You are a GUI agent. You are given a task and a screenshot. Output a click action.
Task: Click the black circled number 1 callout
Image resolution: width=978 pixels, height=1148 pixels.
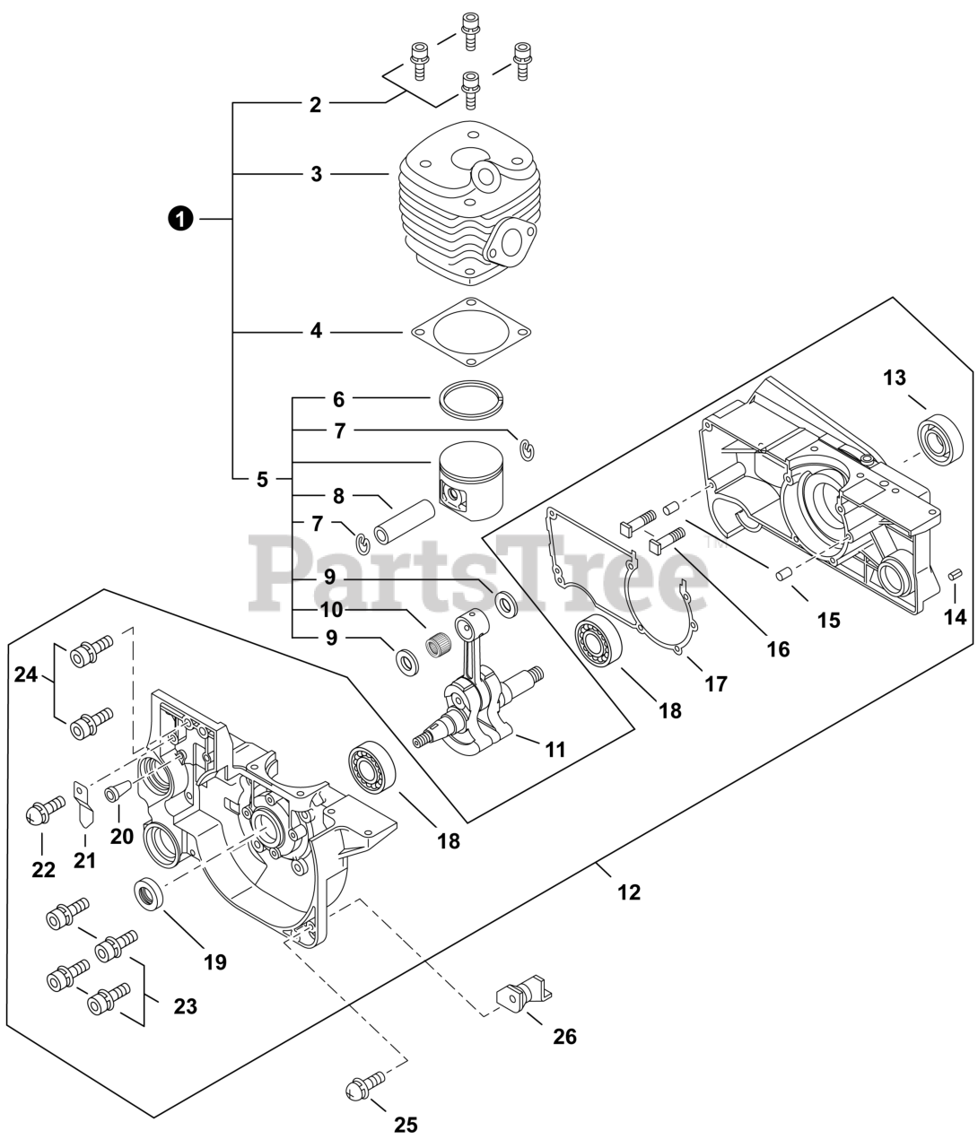click(182, 218)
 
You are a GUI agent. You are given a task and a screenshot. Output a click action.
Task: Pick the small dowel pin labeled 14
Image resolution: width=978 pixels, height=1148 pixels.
click(955, 573)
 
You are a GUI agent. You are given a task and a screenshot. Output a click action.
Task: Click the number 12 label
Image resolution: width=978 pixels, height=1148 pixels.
click(629, 891)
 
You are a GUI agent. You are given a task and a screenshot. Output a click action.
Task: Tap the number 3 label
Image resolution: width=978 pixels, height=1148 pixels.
click(316, 174)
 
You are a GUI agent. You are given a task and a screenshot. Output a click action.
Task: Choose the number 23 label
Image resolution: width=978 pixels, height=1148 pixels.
click(185, 1006)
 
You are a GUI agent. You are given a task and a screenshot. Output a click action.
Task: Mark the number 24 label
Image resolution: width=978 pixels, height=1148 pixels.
click(25, 674)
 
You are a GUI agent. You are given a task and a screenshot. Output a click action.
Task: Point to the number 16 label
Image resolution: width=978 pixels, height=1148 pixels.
click(778, 648)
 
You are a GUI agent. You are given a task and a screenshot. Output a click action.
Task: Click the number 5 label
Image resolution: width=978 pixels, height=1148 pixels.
click(262, 480)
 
